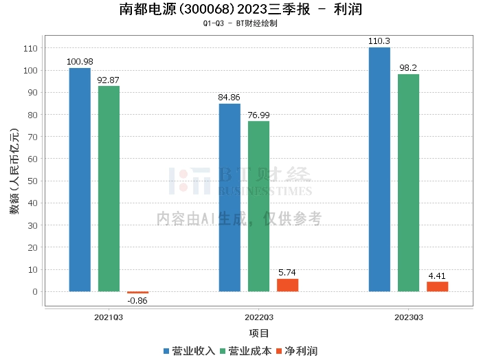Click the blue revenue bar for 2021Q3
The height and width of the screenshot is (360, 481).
tap(80, 179)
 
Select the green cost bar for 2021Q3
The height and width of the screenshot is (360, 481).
tap(109, 188)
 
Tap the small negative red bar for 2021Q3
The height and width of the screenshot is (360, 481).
tap(137, 293)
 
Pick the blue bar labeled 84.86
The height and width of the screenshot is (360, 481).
tap(230, 197)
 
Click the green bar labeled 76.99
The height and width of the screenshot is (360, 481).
tap(258, 206)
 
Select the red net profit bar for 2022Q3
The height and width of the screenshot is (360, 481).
tap(287, 285)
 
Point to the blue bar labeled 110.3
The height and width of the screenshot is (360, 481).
tap(379, 169)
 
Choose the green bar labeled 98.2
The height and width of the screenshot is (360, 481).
tap(408, 183)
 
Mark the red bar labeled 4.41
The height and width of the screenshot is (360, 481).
tap(437, 286)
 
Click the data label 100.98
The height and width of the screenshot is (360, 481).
tap(80, 62)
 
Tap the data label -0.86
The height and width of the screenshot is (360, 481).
tap(137, 301)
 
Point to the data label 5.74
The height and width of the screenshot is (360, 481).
tap(287, 273)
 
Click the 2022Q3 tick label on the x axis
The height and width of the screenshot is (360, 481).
tap(259, 317)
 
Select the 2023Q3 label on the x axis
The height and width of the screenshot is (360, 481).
tap(409, 317)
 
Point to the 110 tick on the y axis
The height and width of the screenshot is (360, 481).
tap(31, 48)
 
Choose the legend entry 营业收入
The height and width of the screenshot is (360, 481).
tap(189, 351)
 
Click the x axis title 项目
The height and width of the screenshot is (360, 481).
tap(259, 334)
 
